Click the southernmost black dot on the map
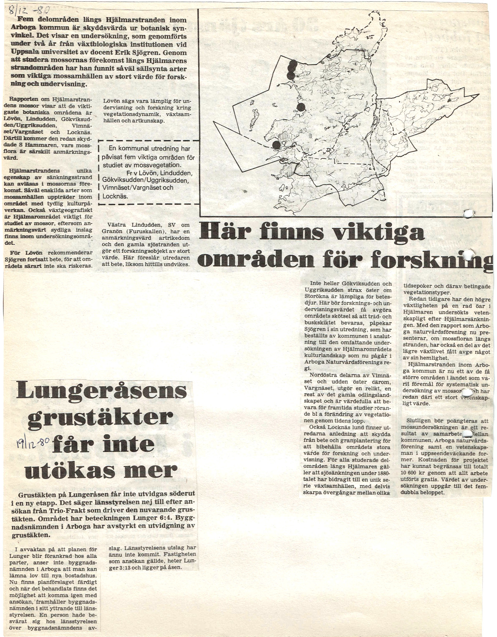[x=276, y=144]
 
